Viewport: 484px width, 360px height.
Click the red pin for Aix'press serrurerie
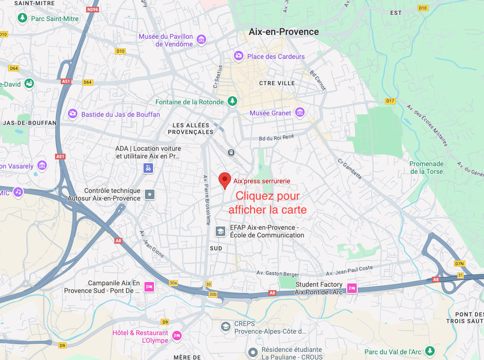pyautogui.click(x=225, y=180)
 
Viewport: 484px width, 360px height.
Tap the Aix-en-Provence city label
pyautogui.click(x=284, y=32)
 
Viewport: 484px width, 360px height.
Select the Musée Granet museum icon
pyautogui.click(x=300, y=113)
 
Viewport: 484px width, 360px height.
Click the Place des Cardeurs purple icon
pyautogui.click(x=238, y=56)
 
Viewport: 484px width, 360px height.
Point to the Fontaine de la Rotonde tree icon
pyautogui.click(x=232, y=101)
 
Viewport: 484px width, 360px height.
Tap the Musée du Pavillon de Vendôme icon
pyautogui.click(x=201, y=39)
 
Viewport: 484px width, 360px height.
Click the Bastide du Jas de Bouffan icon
pyautogui.click(x=73, y=114)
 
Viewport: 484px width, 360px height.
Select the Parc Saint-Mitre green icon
pyautogui.click(x=22, y=18)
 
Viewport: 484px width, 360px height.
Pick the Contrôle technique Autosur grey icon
pyautogui.click(x=150, y=194)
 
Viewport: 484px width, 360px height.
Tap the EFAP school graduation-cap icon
pyautogui.click(x=220, y=231)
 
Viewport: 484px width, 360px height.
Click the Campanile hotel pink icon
pyautogui.click(x=149, y=287)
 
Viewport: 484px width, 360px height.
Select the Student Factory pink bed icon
pyautogui.click(x=352, y=288)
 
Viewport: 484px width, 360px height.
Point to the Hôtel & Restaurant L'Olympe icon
pyautogui.click(x=177, y=336)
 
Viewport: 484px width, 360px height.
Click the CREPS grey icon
pyautogui.click(x=225, y=327)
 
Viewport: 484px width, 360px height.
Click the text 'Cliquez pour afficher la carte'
pyautogui.click(x=267, y=202)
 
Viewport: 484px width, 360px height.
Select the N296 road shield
pyautogui.click(x=93, y=9)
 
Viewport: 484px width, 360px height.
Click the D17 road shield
pyautogui.click(x=391, y=101)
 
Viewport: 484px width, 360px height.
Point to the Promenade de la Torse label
pyautogui.click(x=426, y=167)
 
